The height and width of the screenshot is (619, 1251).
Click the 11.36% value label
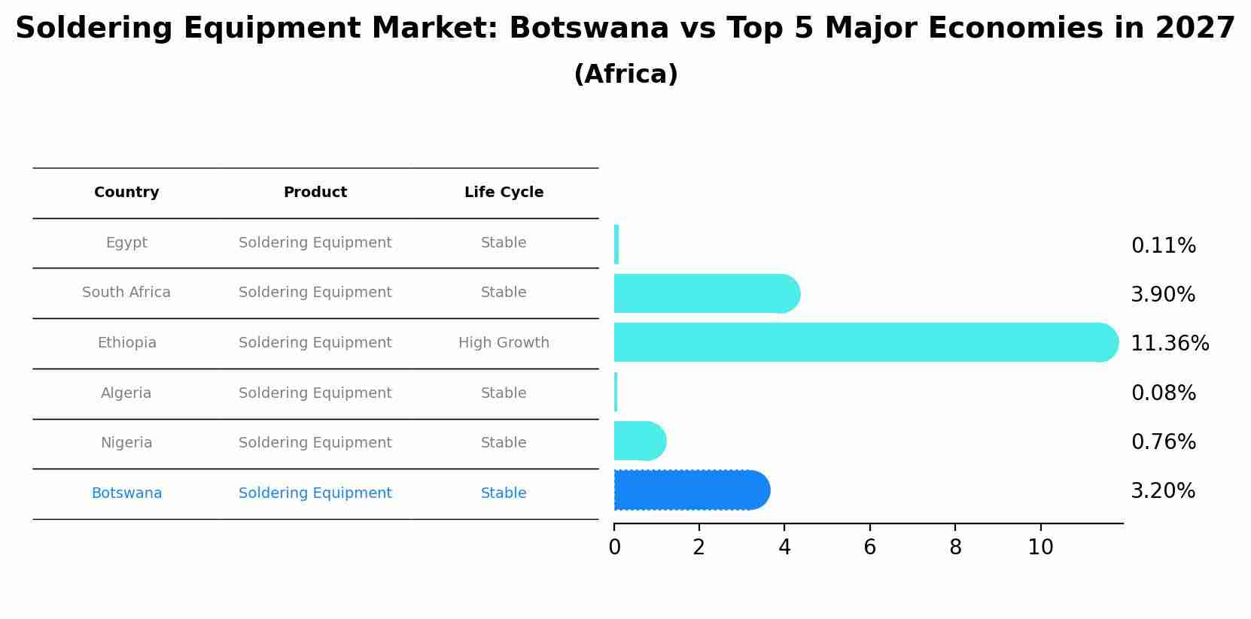(x=1170, y=344)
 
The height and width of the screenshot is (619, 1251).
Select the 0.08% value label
(x=1163, y=393)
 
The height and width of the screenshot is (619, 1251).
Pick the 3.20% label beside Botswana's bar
(x=1163, y=491)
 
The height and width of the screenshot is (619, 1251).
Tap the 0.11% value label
(x=1163, y=246)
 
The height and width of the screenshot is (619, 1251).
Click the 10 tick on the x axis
(x=1040, y=548)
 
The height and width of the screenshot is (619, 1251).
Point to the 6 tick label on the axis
(x=869, y=548)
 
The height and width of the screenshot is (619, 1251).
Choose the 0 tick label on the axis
(x=614, y=548)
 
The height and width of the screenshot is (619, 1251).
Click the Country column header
(x=126, y=193)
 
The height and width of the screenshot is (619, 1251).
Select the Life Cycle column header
(x=504, y=193)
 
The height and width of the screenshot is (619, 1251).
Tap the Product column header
(x=315, y=193)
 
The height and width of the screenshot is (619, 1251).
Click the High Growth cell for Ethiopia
(x=504, y=343)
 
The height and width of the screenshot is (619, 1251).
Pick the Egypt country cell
(x=126, y=243)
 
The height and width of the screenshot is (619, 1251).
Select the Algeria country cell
(x=126, y=393)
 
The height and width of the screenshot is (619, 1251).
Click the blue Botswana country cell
(x=126, y=493)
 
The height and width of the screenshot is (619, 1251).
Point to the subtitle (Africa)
(x=625, y=74)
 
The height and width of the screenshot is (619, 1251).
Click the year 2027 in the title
(x=1195, y=29)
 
